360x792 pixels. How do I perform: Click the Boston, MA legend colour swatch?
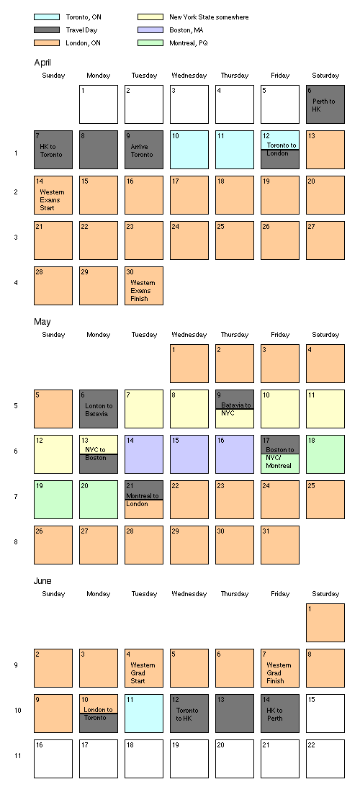point(150,30)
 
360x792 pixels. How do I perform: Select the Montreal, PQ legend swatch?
point(150,43)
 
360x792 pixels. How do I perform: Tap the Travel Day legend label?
point(81,30)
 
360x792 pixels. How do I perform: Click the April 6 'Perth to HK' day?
point(325,104)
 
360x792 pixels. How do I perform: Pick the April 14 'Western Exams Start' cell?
point(53,195)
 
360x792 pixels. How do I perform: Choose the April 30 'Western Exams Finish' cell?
point(144,286)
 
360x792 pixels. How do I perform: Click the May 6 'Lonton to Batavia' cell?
point(99,409)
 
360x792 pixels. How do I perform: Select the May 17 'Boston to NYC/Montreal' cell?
point(279,454)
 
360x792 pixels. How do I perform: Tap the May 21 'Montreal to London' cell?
point(144,500)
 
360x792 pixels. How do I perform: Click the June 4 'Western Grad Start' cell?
point(144,668)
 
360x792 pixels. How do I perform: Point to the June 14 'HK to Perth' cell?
point(279,714)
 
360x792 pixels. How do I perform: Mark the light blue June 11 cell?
point(144,714)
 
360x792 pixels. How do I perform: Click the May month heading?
point(42,322)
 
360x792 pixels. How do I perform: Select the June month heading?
point(42,581)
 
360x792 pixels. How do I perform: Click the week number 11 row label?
point(18,756)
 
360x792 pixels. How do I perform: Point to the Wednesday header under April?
point(189,76)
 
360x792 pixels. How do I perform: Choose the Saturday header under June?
point(325,594)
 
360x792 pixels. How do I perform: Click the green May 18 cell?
point(325,454)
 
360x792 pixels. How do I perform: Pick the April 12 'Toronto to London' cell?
point(279,150)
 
